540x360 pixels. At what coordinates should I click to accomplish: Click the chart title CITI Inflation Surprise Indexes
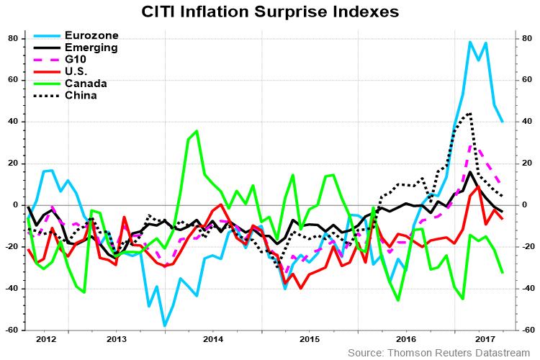270,12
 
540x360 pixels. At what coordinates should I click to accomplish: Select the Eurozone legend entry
91,35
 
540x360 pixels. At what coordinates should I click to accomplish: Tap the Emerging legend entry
91,47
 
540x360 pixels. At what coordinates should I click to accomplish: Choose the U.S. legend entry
78,71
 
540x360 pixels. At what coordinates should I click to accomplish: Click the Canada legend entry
85,84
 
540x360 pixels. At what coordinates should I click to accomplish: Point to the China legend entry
81,95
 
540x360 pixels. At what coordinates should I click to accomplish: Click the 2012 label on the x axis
45,338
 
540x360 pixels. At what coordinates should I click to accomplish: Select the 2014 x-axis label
212,338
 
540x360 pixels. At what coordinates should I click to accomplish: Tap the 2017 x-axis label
486,338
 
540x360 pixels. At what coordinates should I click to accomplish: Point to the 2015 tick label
309,338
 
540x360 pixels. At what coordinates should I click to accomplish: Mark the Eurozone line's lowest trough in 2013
165,325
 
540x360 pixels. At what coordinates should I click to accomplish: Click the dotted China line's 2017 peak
470,113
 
